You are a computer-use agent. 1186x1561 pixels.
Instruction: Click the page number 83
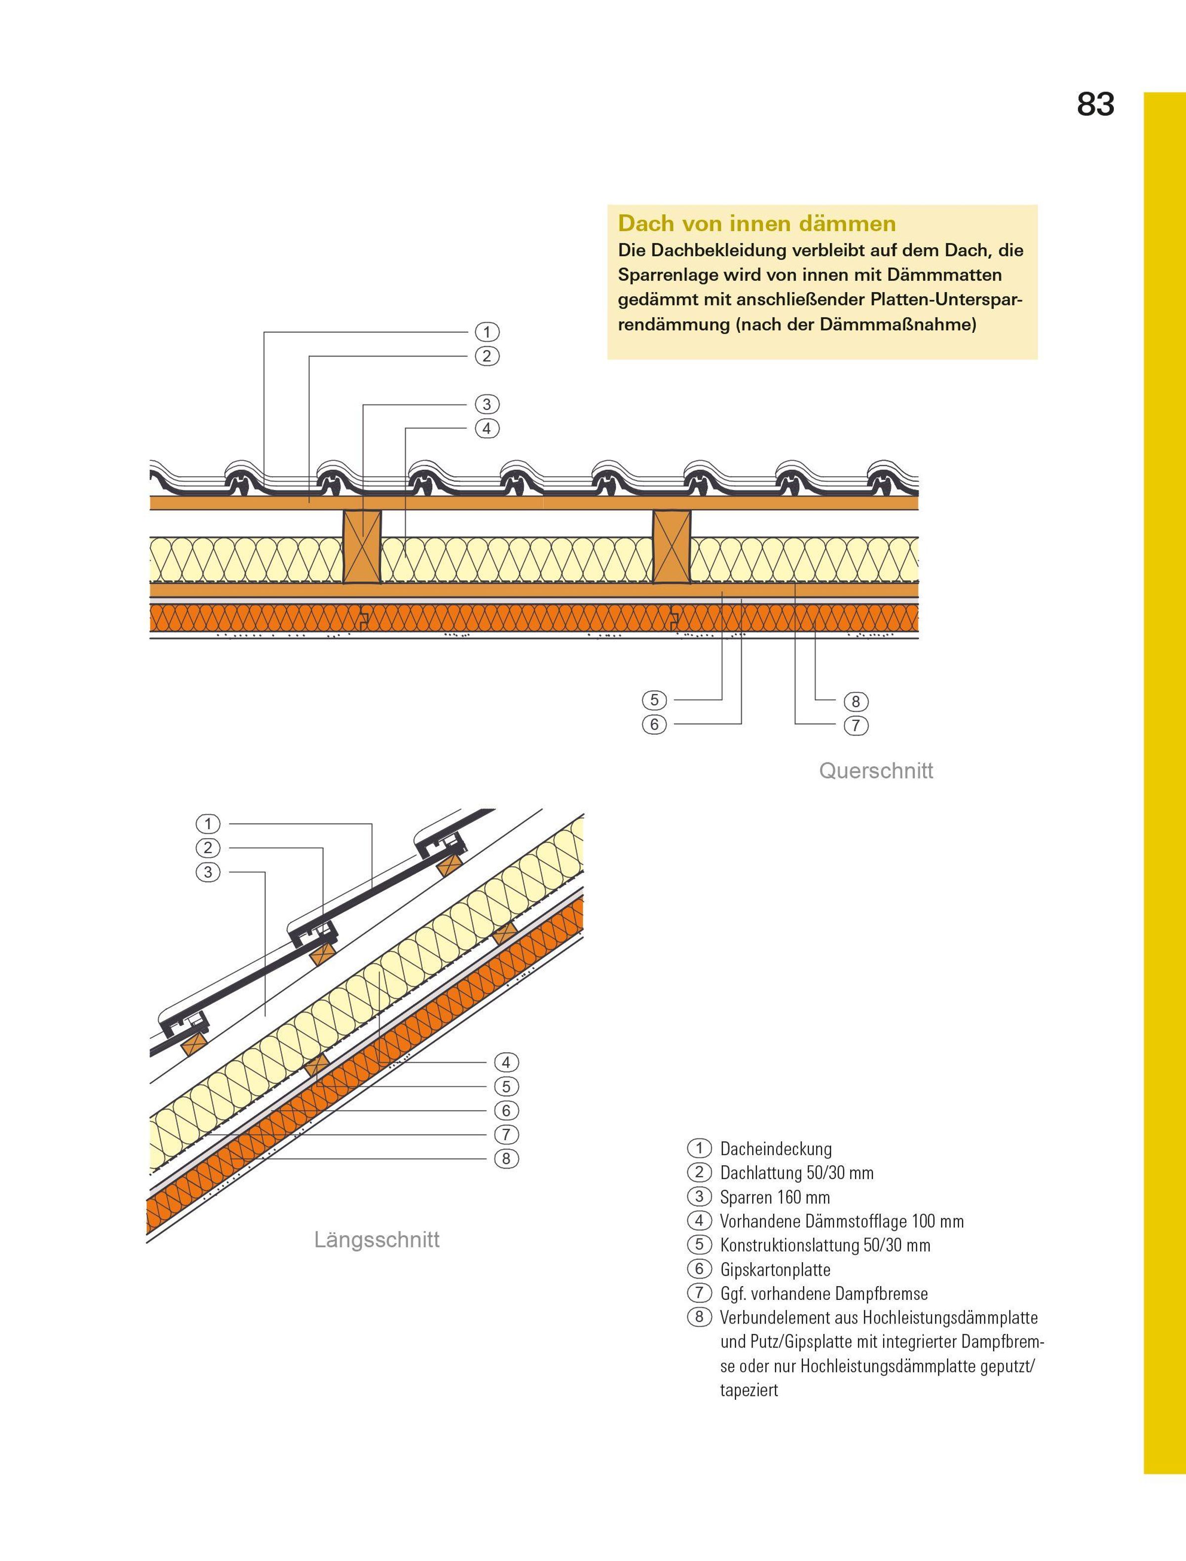coord(1095,104)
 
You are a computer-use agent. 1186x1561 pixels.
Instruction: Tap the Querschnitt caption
coord(875,771)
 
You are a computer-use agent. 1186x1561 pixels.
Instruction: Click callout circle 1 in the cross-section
coord(486,332)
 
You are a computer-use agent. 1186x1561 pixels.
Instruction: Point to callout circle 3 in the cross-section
coord(486,405)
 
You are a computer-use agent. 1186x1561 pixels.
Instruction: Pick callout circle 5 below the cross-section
coord(654,700)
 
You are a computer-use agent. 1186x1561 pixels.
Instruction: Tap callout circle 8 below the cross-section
coord(855,702)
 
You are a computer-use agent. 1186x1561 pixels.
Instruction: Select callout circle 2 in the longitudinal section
coord(208,847)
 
